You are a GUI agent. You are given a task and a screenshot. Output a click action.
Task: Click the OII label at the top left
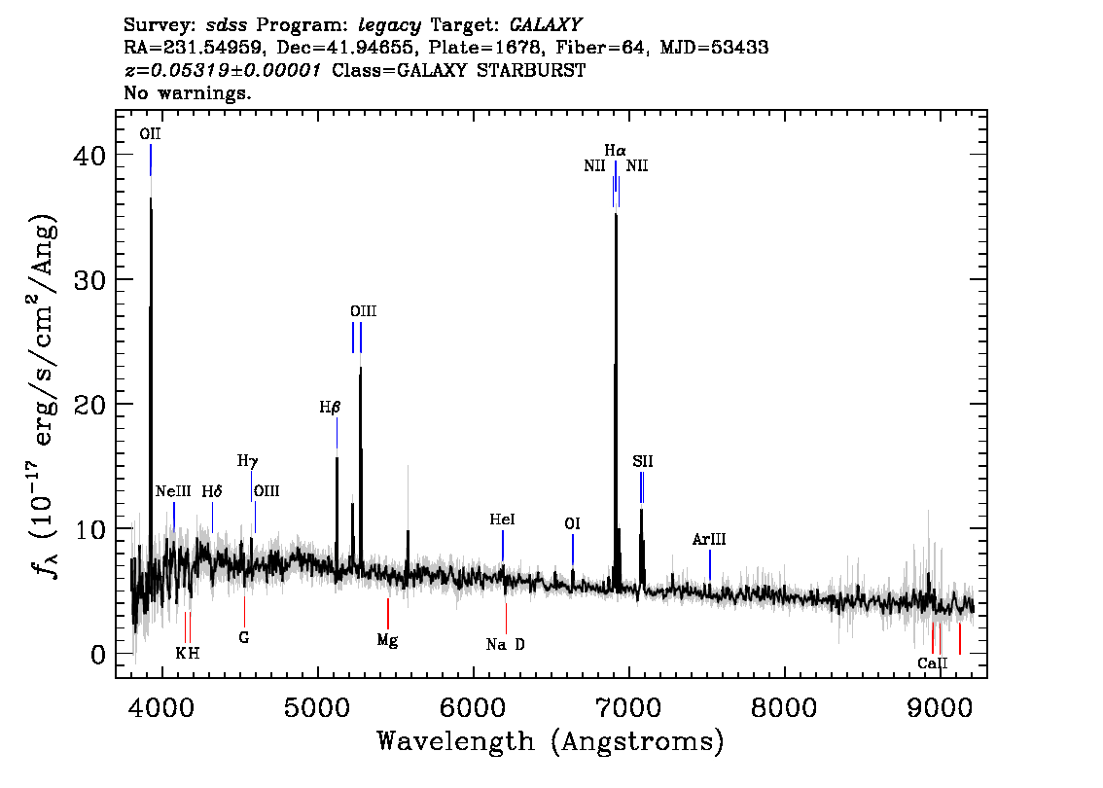coord(150,134)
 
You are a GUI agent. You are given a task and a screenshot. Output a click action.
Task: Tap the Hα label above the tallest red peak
coord(615,151)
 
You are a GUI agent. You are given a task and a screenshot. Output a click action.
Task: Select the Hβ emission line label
coord(330,408)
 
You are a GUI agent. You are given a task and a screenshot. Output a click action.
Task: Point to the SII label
coord(642,461)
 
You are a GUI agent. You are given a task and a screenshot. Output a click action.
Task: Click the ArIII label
coord(709,539)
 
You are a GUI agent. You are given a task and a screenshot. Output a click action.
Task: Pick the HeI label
coord(502,520)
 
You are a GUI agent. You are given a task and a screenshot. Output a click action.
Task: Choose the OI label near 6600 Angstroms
coord(572,524)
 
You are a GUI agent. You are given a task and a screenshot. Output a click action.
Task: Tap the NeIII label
coord(173,491)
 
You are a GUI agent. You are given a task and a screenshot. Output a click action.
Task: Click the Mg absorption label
coord(387,640)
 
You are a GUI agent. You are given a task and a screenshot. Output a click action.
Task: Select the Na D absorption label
coord(505,644)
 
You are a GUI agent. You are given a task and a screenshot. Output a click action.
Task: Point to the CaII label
coord(932,663)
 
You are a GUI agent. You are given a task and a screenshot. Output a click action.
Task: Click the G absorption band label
coord(244,638)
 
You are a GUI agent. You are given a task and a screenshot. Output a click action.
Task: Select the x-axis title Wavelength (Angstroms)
coord(551,741)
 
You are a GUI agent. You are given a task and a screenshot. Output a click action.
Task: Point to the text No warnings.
coord(188,93)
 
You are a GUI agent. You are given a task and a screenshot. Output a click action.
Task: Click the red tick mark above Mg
coord(387,613)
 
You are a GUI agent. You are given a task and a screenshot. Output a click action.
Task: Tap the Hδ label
coord(212,491)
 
